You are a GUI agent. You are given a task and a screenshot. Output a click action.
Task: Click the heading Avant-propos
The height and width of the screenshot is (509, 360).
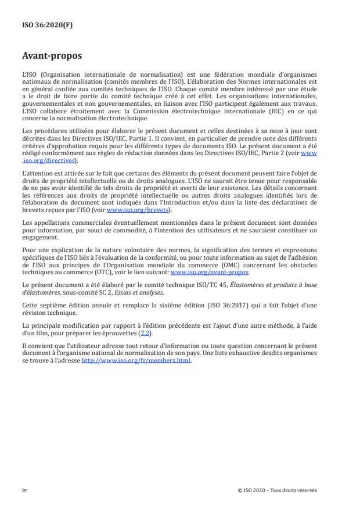pos(52,56)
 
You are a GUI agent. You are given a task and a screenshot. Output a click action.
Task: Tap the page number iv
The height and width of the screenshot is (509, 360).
pos(24,490)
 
